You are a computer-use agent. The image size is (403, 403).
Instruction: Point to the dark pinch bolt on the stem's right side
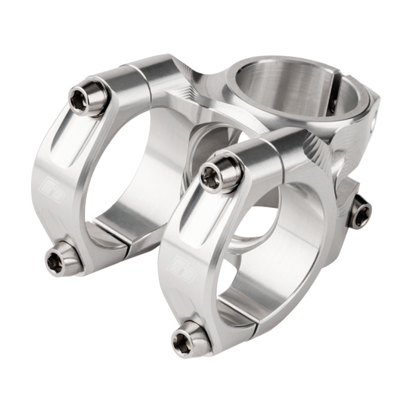point(360,211)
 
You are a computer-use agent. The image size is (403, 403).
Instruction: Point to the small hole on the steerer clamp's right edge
point(374,121)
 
